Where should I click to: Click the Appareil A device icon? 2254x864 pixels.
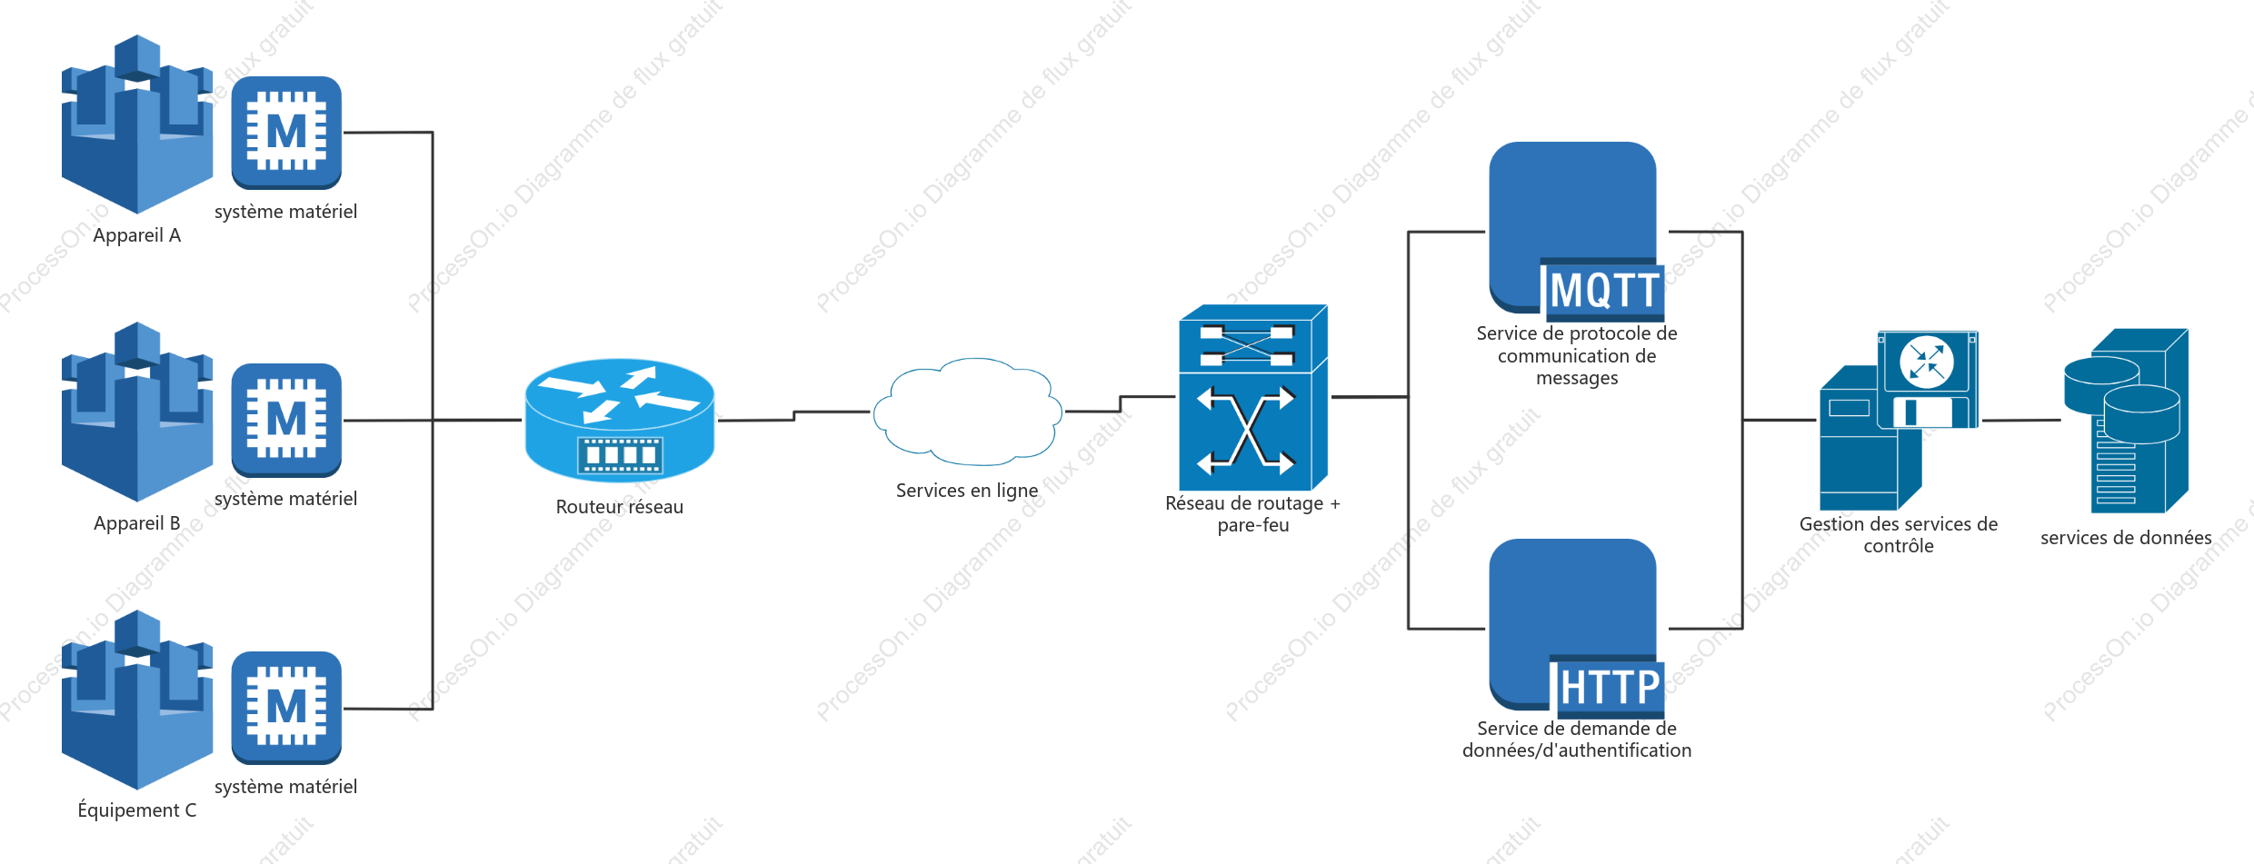pos(137,124)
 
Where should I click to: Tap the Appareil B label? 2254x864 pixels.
pos(137,523)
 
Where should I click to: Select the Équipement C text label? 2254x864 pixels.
pos(137,810)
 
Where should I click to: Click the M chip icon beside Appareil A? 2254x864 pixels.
pos(286,133)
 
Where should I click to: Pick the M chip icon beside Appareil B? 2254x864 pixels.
pos(286,421)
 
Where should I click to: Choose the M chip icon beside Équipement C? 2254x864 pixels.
pos(286,708)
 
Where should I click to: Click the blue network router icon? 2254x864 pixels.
pos(620,420)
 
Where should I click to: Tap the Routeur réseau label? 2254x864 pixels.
pos(620,507)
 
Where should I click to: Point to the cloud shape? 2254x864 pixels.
pos(967,411)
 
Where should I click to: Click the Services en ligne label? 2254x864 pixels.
pos(967,491)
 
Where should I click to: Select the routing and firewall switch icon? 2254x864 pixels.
pos(1253,398)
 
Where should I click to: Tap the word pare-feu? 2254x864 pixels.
pos(1253,525)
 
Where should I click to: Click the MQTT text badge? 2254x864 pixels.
pos(1605,291)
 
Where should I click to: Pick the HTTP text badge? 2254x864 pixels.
pos(1610,687)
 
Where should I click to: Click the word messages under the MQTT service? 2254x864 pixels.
pos(1577,378)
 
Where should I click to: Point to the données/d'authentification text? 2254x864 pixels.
pos(1577,750)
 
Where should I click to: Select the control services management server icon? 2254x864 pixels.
pos(1900,421)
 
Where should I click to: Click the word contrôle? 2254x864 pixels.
pos(1899,546)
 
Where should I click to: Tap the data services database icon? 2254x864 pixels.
pos(2126,421)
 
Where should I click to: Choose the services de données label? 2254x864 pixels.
pos(2126,538)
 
